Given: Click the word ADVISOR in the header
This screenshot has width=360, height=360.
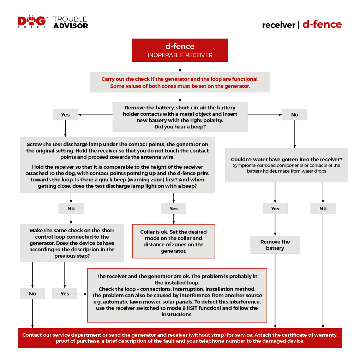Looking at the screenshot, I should (x=71, y=26).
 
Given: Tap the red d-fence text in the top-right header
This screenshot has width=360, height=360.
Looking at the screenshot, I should (x=322, y=24).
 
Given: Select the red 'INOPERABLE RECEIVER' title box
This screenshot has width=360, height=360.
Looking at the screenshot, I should (x=180, y=50).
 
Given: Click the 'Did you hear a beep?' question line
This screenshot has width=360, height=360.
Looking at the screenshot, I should (x=180, y=127).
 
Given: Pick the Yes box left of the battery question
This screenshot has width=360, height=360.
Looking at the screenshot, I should (x=65, y=115).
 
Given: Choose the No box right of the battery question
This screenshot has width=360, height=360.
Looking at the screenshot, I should (x=294, y=115).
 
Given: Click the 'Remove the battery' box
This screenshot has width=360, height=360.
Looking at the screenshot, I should (x=275, y=245).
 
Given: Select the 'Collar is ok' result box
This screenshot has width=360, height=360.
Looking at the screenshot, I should (x=173, y=241).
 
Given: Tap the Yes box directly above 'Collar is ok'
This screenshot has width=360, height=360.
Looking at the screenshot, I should (x=173, y=209).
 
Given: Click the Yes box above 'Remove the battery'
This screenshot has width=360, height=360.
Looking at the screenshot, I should (x=275, y=209).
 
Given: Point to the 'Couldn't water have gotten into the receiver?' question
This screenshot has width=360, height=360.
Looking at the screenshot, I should (x=286, y=160).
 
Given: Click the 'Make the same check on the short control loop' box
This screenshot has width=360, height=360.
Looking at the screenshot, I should (x=72, y=243).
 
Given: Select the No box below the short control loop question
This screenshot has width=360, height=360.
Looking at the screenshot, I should (x=32, y=294).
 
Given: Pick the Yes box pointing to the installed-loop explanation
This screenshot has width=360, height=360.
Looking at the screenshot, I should (x=65, y=294).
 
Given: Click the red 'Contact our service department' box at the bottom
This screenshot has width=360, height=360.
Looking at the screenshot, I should (x=180, y=338).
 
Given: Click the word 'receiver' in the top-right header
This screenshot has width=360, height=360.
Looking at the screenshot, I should (x=278, y=25).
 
